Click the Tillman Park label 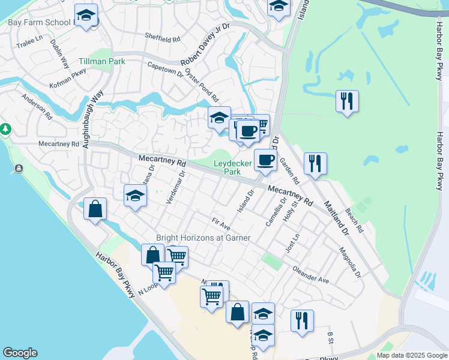pyautogui.click(x=101, y=62)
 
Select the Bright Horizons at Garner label pyautogui.click(x=203, y=238)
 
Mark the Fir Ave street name pyautogui.click(x=221, y=224)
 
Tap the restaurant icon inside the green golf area pyautogui.click(x=347, y=101)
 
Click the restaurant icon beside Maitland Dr pyautogui.click(x=315, y=163)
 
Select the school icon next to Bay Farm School pyautogui.click(x=86, y=15)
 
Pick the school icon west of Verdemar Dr pyautogui.click(x=135, y=196)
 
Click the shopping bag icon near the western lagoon pyautogui.click(x=95, y=209)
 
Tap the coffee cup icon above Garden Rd pyautogui.click(x=265, y=160)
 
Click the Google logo pyautogui.click(x=20, y=353)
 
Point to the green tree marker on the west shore pyautogui.click(x=5, y=129)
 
